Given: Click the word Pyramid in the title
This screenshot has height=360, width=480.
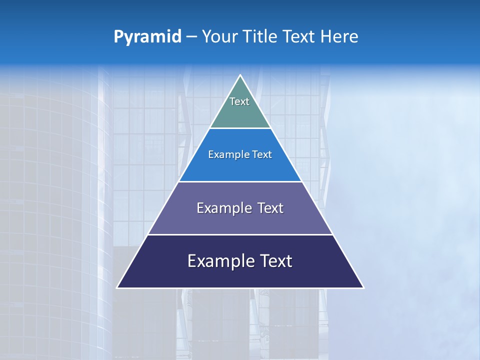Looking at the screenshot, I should click(147, 37).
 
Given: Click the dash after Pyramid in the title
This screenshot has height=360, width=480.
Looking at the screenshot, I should click(191, 37).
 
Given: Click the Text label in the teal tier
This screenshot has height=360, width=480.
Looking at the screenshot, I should click(239, 101).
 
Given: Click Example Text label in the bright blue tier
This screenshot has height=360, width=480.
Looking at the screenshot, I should click(240, 154).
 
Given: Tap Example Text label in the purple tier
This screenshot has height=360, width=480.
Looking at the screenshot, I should click(240, 208).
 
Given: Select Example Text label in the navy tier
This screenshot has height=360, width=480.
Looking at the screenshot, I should click(240, 261).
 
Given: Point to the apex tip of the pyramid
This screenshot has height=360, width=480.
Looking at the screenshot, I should click(240, 76).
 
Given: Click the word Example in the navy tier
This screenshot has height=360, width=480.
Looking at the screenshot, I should click(215, 261).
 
